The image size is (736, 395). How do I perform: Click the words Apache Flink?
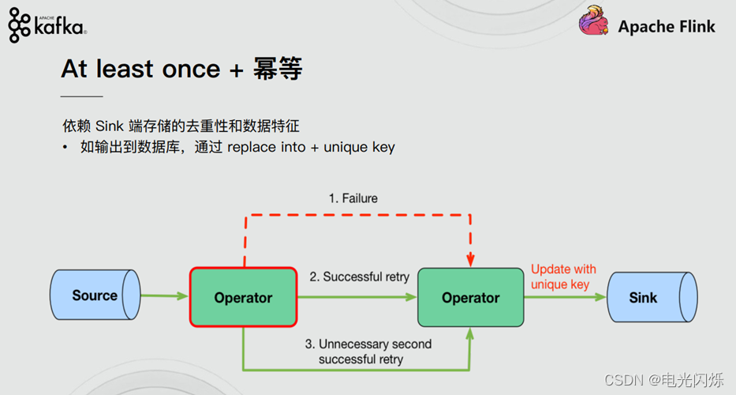pos(667,26)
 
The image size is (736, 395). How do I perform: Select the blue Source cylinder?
pos(95,296)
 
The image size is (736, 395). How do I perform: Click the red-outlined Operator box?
pos(243,297)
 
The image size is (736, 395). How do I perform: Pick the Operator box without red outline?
pos(470,298)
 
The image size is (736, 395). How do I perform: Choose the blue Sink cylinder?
pos(651,298)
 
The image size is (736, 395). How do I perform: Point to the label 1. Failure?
pos(353,198)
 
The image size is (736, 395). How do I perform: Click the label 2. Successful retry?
pos(359,276)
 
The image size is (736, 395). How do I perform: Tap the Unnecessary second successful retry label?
pos(368,352)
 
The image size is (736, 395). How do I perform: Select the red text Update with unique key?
pos(562,276)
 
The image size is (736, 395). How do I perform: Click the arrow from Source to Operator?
pos(165,297)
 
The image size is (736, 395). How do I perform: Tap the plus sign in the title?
pos(236,70)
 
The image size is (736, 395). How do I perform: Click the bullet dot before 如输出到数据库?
pos(65,148)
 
